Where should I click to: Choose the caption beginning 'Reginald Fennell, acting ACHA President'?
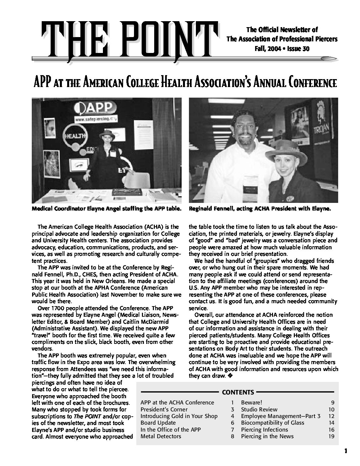(x=260, y=209)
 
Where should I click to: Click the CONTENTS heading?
(x=238, y=393)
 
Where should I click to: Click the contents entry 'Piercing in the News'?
(x=267, y=436)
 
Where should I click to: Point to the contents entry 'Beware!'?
(x=251, y=402)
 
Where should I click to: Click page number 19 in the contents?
(x=331, y=436)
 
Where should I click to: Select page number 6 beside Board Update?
(x=233, y=423)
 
